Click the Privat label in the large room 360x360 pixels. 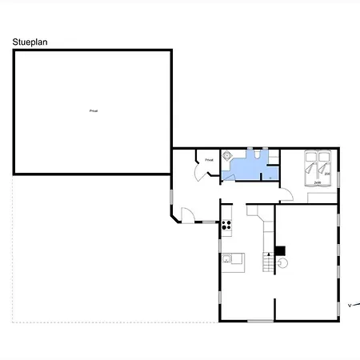(x=93, y=110)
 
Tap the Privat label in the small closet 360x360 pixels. (x=209, y=160)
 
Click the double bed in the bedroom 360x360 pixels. (x=317, y=166)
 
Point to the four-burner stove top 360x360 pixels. (x=226, y=224)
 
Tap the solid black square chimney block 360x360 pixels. (x=280, y=250)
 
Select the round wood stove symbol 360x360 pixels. (x=282, y=262)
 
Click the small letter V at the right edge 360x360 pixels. (x=350, y=305)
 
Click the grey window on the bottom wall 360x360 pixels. (x=260, y=321)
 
